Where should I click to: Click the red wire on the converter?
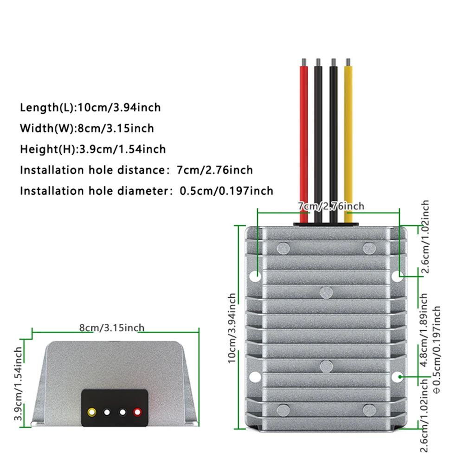click(303, 139)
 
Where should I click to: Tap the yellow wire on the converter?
click(348, 139)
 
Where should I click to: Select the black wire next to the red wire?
click(318, 139)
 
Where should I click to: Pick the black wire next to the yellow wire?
click(333, 139)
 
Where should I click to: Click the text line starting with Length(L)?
click(90, 108)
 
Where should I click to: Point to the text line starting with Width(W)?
click(87, 128)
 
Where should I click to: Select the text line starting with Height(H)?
click(93, 149)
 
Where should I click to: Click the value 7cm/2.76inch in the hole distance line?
click(215, 170)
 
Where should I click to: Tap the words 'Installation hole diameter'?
click(89, 191)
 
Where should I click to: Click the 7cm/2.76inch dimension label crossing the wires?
click(330, 206)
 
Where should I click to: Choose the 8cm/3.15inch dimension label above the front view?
click(111, 328)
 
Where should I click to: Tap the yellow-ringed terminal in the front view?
click(92, 412)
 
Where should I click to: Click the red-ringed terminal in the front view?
click(137, 412)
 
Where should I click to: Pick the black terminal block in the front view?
click(115, 407)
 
